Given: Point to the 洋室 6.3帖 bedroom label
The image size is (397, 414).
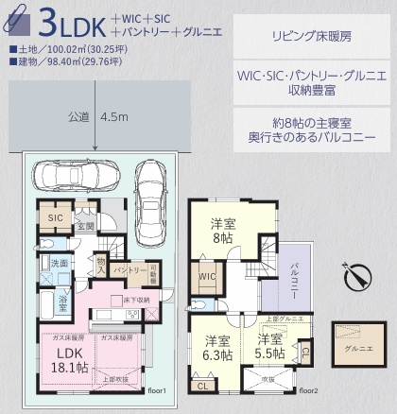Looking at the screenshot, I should [217, 348].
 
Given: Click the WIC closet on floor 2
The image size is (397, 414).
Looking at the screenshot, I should [208, 276].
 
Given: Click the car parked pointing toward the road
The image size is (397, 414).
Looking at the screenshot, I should [149, 179].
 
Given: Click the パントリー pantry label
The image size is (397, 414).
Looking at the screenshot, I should [129, 270].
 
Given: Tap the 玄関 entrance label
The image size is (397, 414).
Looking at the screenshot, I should [85, 226].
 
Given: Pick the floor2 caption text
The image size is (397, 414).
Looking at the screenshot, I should [308, 388].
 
